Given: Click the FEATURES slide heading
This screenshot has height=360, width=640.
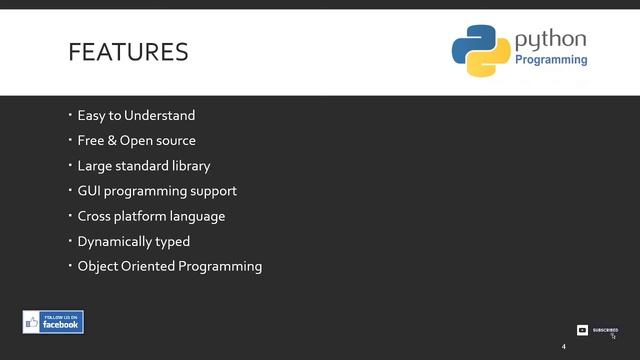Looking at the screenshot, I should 128,52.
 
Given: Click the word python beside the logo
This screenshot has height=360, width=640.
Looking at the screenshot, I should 550,40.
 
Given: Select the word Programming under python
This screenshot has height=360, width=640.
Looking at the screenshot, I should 551,60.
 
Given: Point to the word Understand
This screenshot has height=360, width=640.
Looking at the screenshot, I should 159,116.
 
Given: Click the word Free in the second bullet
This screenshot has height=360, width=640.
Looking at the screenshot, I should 90,141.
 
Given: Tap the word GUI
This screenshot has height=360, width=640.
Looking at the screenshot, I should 89,191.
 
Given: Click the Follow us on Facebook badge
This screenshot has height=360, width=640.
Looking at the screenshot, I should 53,322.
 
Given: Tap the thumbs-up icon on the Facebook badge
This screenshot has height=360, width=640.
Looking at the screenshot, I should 32,323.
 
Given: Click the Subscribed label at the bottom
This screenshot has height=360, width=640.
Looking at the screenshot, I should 605,330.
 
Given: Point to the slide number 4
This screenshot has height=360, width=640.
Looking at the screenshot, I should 563,347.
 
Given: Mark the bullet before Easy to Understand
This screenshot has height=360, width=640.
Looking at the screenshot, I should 71,115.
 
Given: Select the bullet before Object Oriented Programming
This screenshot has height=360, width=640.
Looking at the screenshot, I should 71,265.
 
